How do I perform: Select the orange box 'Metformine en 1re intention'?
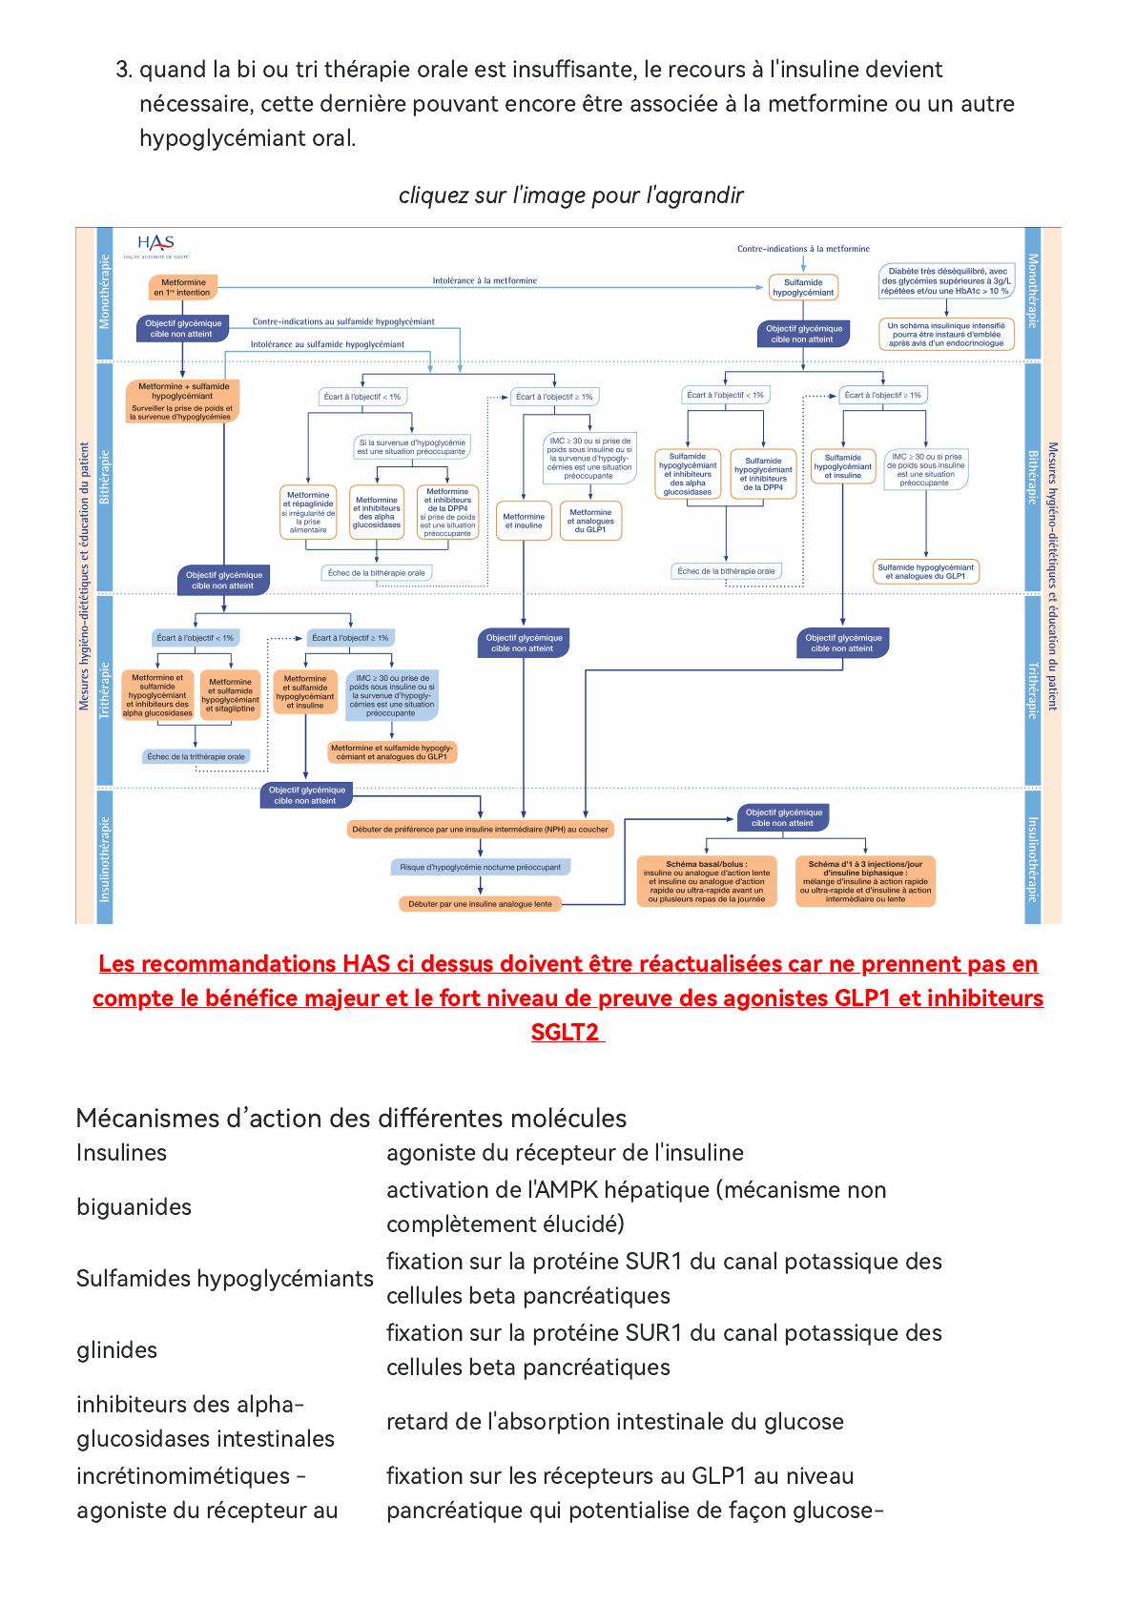(182, 287)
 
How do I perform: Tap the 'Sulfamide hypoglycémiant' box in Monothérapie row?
(802, 287)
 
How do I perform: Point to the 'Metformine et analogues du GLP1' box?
(590, 521)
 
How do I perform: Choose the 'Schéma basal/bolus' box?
(707, 880)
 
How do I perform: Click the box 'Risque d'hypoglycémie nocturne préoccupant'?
(480, 867)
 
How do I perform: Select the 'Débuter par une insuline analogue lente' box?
(480, 903)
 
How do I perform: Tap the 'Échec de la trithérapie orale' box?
(196, 756)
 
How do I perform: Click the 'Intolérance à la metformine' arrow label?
(485, 280)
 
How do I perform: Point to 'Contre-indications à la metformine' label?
(803, 249)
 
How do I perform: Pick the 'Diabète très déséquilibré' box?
(945, 281)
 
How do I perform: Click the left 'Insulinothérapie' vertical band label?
(104, 858)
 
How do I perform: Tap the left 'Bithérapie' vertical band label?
(104, 477)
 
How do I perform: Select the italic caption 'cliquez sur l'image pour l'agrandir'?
(570, 195)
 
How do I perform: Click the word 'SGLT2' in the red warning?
(567, 1033)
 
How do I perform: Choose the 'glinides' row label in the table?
(116, 1349)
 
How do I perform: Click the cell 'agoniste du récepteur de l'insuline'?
(565, 1152)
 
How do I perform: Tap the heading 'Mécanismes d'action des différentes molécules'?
(351, 1118)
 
